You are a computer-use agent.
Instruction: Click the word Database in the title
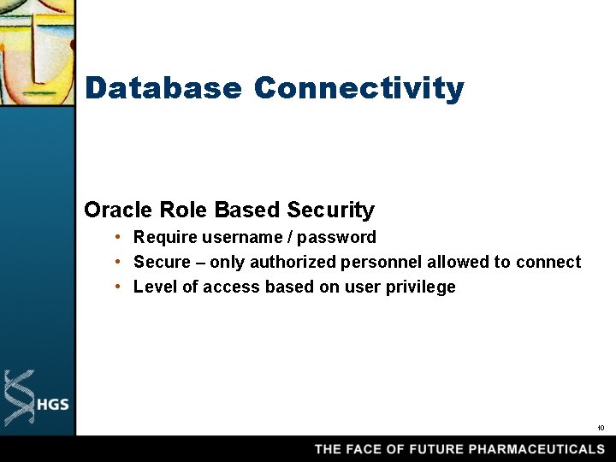[163, 88]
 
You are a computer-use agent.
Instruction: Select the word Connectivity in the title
[358, 88]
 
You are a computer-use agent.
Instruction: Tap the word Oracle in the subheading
[119, 210]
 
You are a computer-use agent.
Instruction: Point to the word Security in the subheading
[330, 210]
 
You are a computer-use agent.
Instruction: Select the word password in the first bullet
[341, 237]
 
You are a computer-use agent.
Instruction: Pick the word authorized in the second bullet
[293, 262]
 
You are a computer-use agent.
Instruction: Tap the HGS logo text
[52, 405]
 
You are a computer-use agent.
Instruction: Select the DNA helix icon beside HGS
[20, 398]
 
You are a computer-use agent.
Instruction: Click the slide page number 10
[601, 428]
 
